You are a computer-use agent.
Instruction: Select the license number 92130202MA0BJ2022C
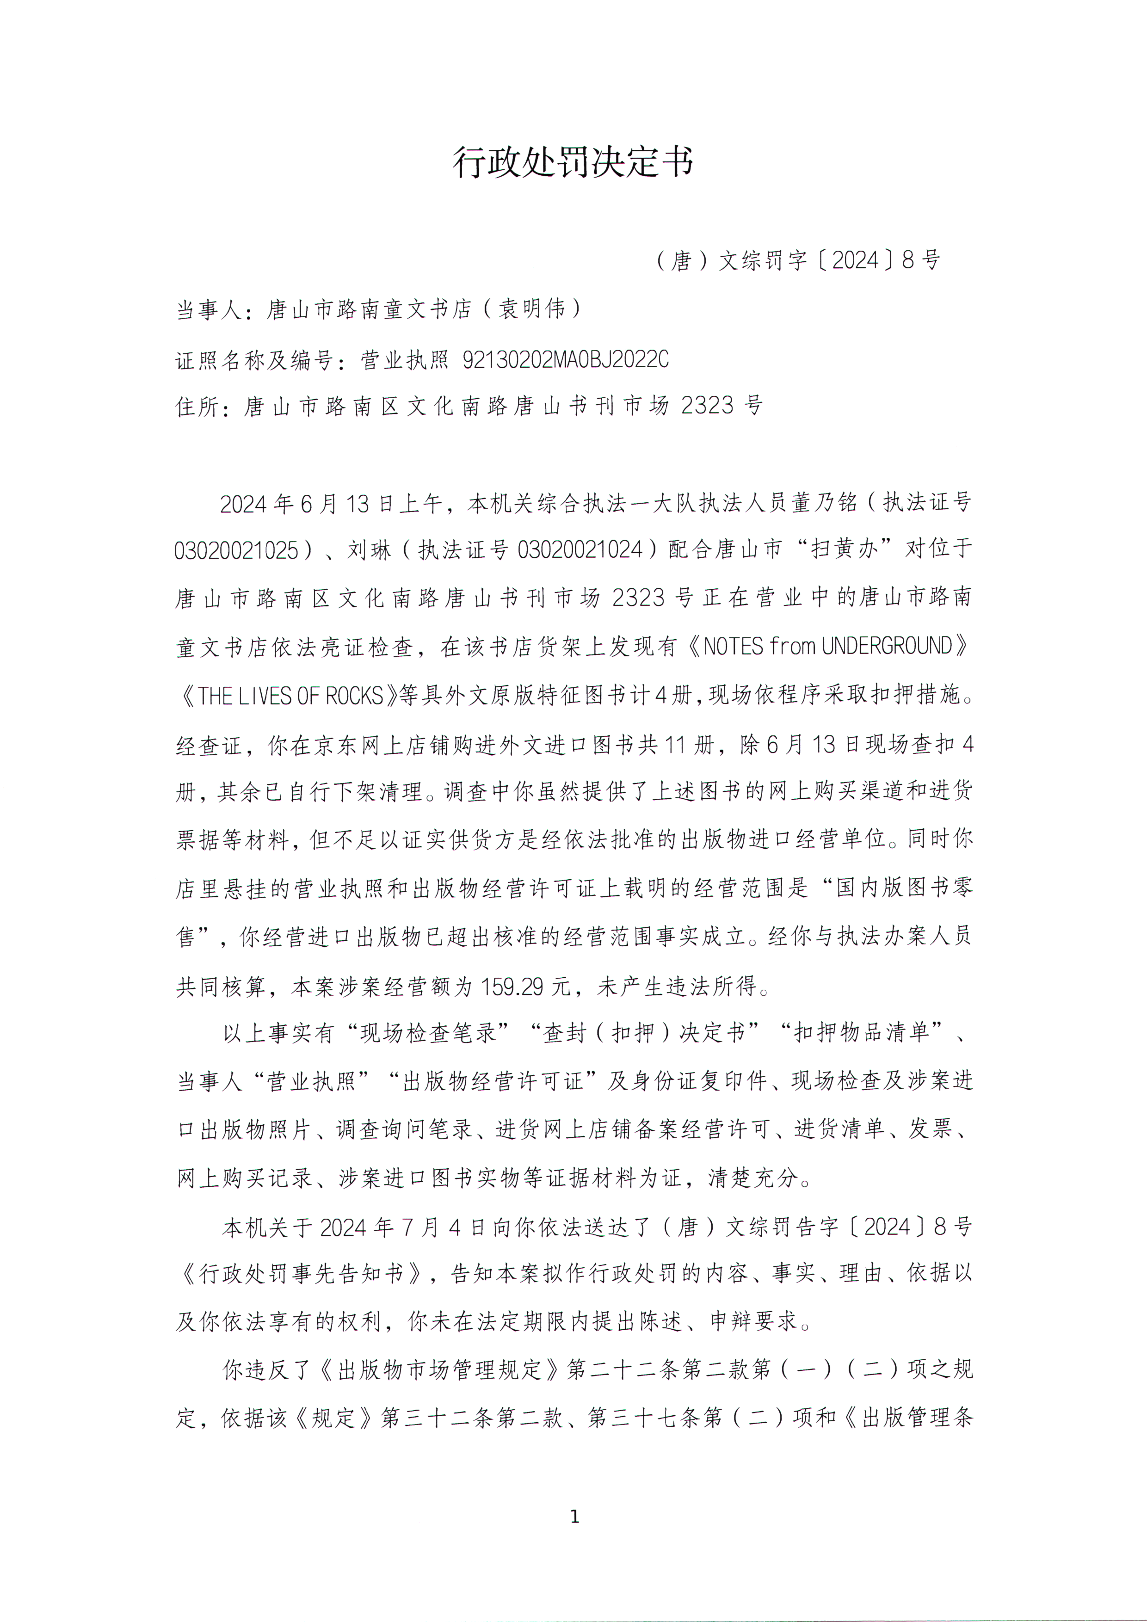click(565, 360)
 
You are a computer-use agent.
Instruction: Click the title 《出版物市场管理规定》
click(439, 1370)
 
